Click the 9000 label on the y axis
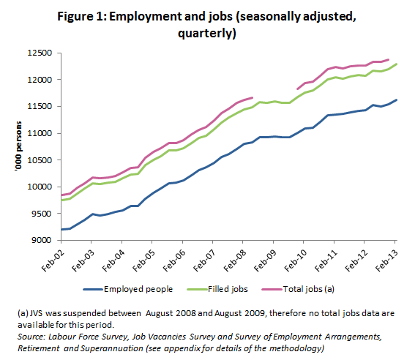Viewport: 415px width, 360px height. coord(39,240)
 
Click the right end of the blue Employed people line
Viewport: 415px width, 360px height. coord(396,100)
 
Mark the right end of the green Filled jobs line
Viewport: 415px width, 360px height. coord(396,64)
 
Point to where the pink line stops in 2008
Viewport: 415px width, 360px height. coord(253,97)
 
